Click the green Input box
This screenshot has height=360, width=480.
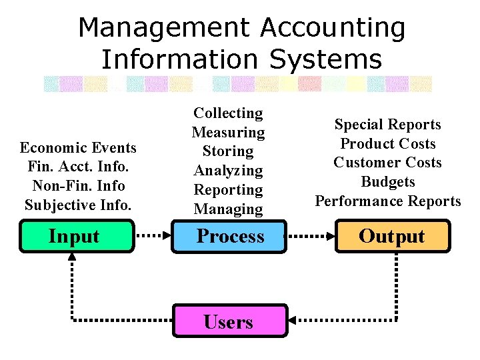(75, 237)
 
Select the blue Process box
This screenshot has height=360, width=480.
(229, 237)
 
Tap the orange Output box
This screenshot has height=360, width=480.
(391, 237)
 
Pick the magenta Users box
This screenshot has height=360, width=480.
(229, 322)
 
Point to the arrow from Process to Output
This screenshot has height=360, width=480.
(310, 236)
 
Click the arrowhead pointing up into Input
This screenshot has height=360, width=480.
(72, 258)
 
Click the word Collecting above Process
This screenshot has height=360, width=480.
(228, 113)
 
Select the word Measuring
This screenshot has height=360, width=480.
(228, 132)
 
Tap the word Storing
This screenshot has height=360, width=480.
(228, 151)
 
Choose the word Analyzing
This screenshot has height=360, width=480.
(228, 170)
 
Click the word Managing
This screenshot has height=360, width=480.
(228, 209)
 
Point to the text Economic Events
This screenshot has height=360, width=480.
(78, 147)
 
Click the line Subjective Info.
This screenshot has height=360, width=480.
(78, 204)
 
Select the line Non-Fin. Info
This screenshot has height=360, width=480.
(78, 185)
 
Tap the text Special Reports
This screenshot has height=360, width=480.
(387, 124)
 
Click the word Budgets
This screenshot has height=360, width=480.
(387, 181)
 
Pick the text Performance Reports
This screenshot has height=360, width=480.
(387, 201)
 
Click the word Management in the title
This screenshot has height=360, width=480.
(163, 28)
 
